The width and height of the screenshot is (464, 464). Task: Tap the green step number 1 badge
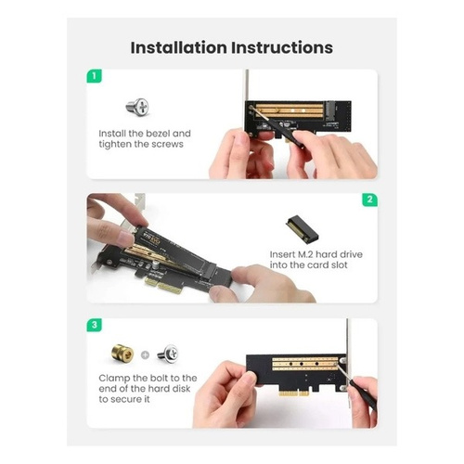point(94,76)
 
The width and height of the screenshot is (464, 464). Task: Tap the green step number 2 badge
point(369,199)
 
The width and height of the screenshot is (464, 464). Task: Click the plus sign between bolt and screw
point(147,354)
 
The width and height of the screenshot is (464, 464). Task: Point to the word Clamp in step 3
point(116,379)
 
